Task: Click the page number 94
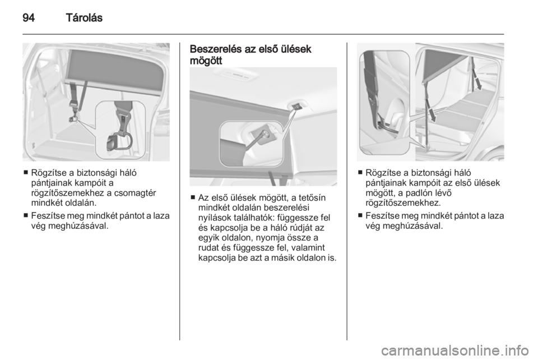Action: coord(29,18)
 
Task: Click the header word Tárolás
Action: coord(84,18)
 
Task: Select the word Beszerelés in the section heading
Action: coord(216,49)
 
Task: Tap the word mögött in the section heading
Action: coord(206,61)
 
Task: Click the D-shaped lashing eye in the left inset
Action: coord(121,141)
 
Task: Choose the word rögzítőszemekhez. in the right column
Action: coord(403,202)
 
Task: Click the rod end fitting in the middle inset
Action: coord(265,135)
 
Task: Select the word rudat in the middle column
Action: coord(210,248)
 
